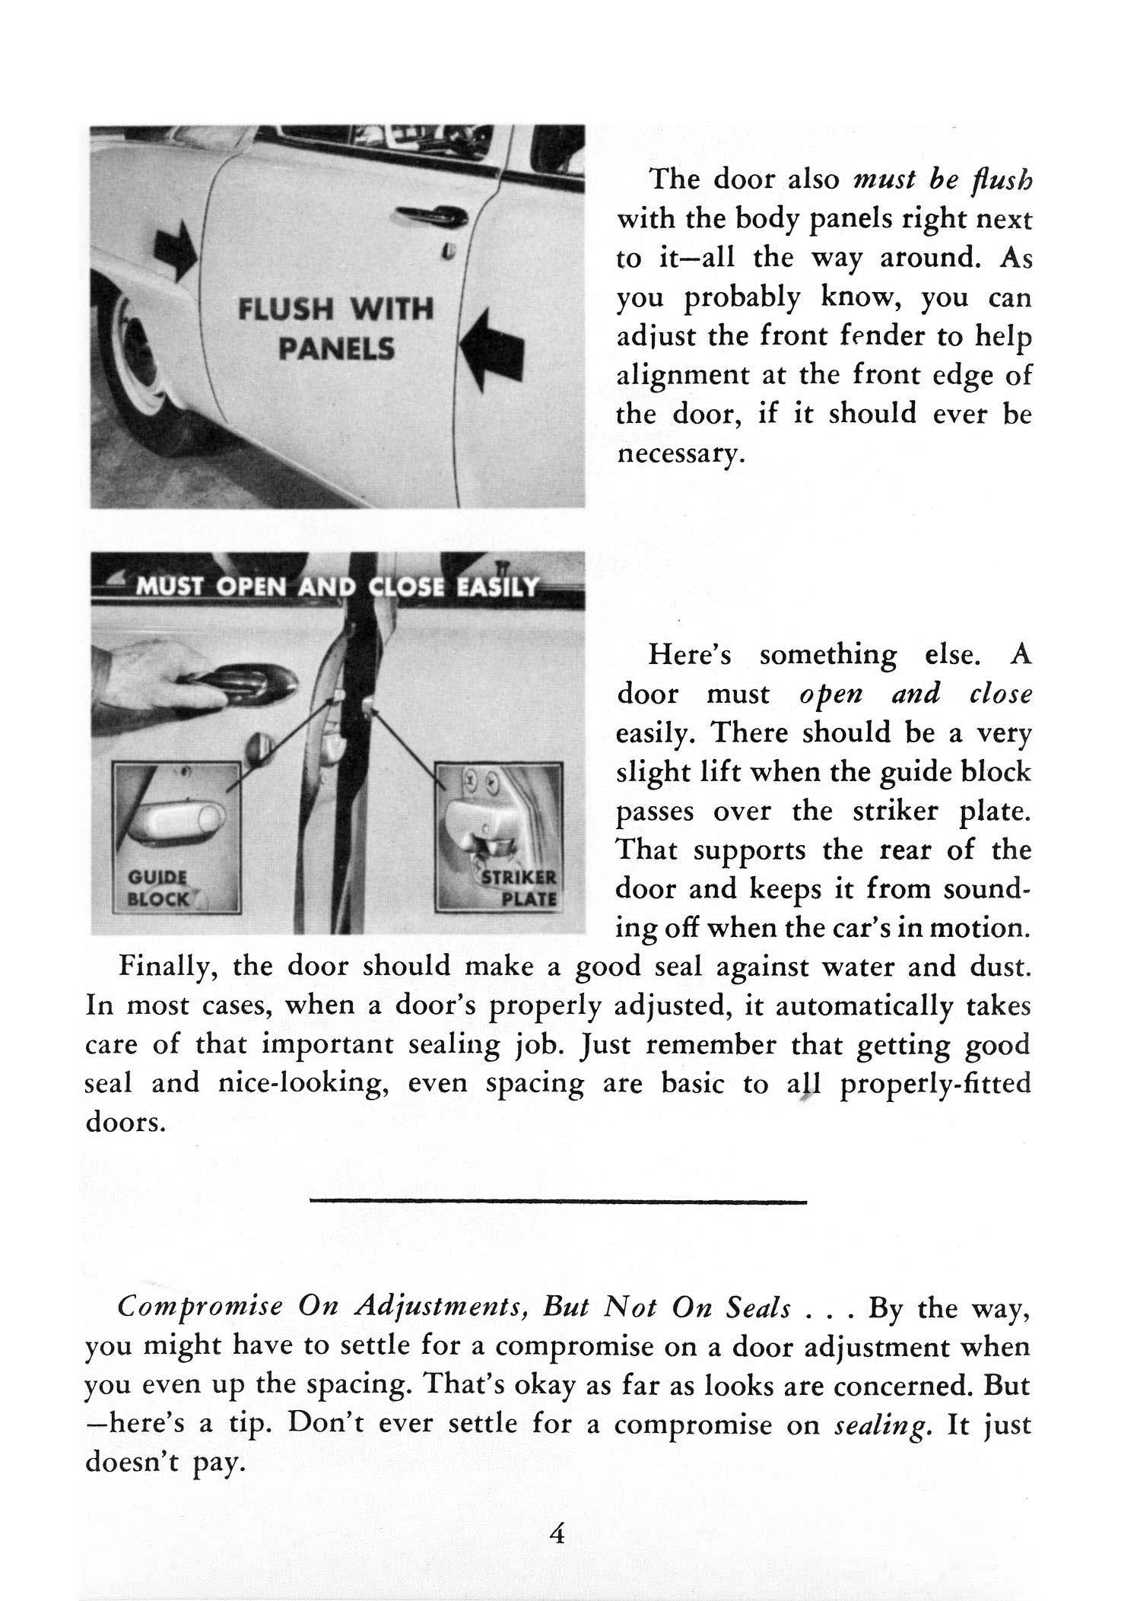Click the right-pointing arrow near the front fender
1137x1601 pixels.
(x=176, y=254)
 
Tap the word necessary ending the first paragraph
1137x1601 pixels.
(x=676, y=455)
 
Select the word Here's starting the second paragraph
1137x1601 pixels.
(x=689, y=656)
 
